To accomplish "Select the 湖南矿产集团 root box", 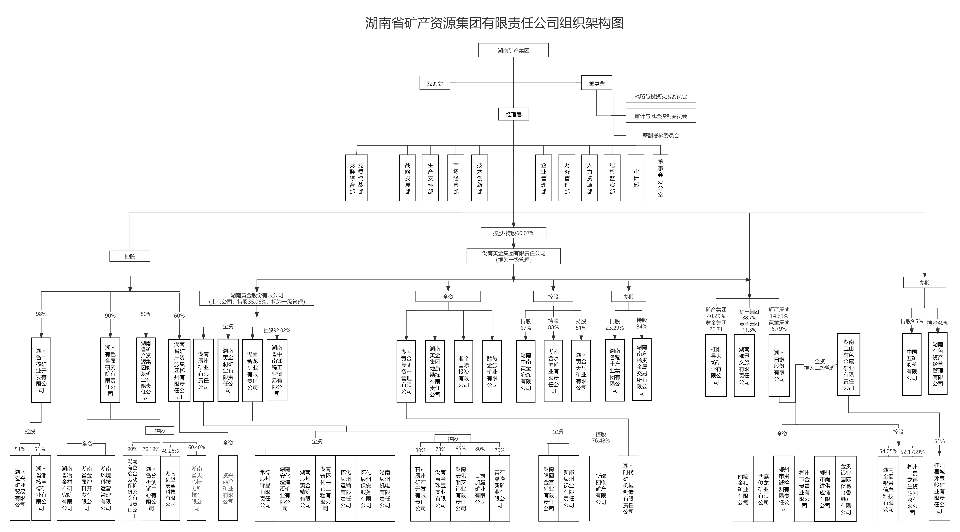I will pos(513,50).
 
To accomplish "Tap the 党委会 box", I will pos(435,83).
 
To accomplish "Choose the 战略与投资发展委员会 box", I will pos(660,96).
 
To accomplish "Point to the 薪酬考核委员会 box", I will pos(660,135).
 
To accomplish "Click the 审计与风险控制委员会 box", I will pos(660,116).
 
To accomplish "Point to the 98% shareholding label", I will pos(41,314).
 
